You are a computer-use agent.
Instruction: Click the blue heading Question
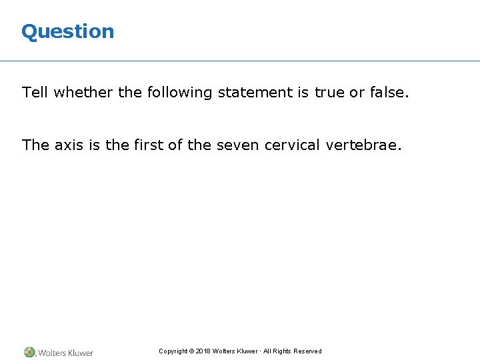(67, 31)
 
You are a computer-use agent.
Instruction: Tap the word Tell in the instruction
(35, 92)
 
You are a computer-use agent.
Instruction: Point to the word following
(175, 92)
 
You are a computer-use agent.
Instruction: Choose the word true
(329, 92)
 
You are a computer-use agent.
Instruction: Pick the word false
(388, 92)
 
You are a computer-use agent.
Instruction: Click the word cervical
(294, 145)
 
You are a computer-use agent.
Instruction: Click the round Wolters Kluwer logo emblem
(29, 352)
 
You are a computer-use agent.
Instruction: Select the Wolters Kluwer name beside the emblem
(65, 353)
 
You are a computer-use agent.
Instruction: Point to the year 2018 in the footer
(203, 351)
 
